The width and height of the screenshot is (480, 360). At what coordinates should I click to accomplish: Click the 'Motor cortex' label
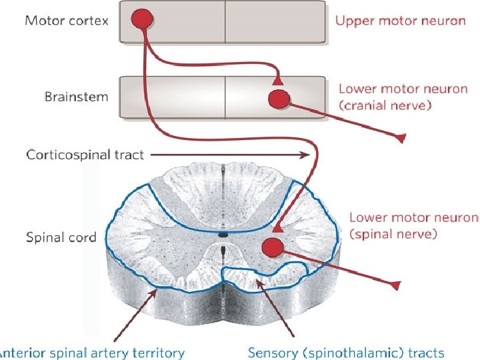[67, 20]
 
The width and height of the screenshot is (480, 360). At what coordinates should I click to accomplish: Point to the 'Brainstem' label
[76, 97]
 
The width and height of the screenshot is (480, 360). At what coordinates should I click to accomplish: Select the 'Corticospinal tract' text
[85, 155]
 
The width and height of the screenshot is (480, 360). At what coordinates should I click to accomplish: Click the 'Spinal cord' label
[61, 237]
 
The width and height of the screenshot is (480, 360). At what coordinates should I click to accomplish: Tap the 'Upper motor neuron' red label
[400, 21]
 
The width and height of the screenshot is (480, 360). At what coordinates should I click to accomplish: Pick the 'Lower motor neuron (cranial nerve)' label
[403, 97]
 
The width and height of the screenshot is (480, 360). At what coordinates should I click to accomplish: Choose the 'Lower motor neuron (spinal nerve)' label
[413, 225]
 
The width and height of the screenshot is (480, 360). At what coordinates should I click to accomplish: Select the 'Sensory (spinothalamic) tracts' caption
[345, 352]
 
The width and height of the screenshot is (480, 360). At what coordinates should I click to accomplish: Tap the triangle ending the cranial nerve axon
[401, 138]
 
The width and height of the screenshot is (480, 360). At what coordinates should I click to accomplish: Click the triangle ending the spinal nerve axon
[396, 285]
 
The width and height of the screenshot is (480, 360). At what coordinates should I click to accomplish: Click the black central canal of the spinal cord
[223, 235]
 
